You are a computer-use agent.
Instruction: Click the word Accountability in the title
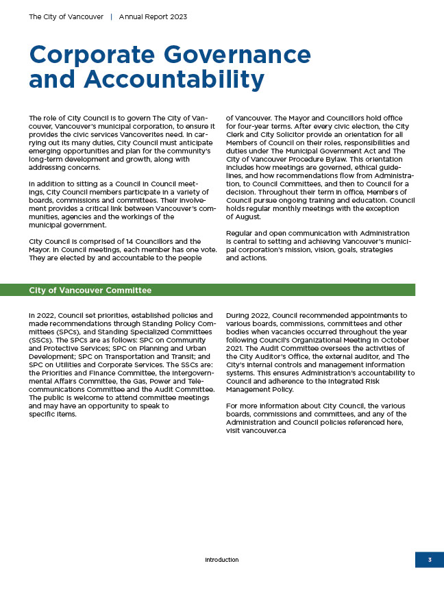[175, 80]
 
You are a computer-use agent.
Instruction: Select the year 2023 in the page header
[177, 16]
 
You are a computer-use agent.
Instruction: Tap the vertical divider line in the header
[112, 16]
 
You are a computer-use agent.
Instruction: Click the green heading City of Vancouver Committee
[90, 291]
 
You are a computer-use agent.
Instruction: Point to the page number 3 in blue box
[430, 560]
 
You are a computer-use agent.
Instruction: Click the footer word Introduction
[222, 560]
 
